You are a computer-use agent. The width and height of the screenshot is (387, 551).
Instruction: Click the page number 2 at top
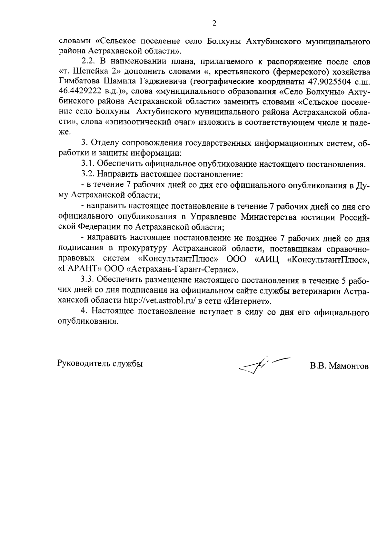[214, 23]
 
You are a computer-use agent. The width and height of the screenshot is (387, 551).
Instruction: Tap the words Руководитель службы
[100, 363]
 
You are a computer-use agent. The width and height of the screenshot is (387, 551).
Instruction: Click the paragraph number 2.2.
[88, 61]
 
